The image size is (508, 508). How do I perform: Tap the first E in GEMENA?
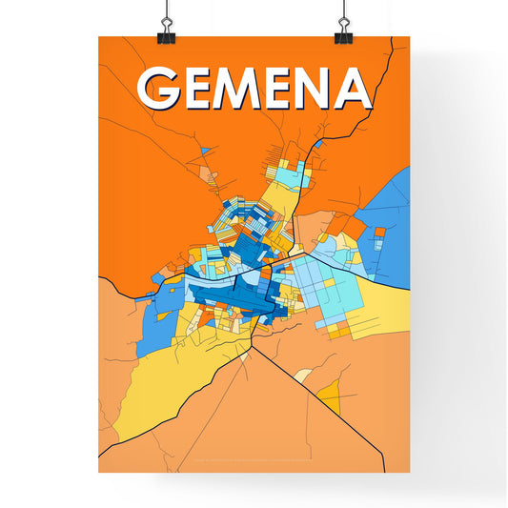[204, 88]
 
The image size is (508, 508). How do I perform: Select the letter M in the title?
[248, 88]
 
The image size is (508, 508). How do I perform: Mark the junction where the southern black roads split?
[252, 345]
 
